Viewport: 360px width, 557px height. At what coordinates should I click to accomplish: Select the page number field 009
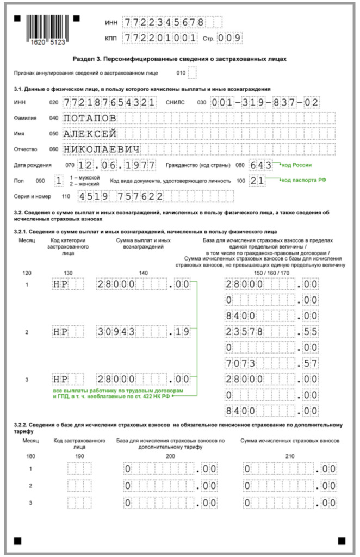click(x=229, y=38)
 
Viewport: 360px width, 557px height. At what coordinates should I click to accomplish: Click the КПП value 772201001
click(x=160, y=38)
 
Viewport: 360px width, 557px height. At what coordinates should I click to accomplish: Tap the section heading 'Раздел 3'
click(x=179, y=59)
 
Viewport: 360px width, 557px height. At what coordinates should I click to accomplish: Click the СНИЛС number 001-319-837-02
click(x=265, y=102)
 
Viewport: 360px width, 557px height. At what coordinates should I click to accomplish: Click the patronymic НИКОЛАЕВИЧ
click(x=101, y=150)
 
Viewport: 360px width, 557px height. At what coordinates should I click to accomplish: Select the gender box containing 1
click(x=59, y=180)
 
